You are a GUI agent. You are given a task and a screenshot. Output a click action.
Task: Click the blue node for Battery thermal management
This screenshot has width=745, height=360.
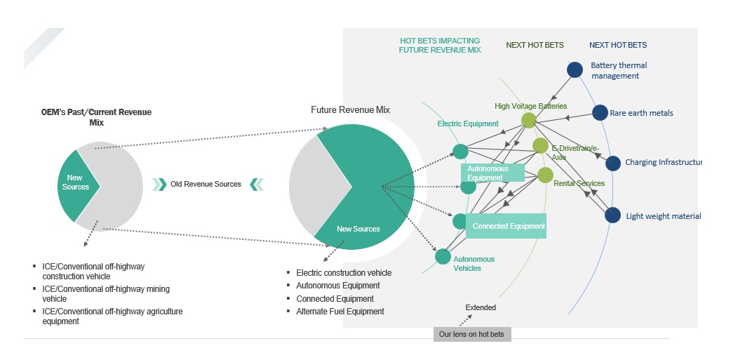[x=575, y=69]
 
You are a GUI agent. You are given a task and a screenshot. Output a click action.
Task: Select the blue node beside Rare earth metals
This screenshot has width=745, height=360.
[x=600, y=112]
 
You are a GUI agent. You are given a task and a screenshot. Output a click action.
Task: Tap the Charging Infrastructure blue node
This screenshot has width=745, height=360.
[x=613, y=163]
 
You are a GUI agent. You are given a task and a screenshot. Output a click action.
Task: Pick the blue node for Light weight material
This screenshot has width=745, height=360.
[x=613, y=215]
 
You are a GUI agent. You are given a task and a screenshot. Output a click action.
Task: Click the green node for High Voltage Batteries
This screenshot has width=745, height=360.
[x=529, y=120]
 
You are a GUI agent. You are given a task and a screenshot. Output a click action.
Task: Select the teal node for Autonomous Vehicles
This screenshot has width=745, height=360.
[x=443, y=257]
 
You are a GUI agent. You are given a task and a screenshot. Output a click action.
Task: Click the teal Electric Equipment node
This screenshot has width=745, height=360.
[x=460, y=151]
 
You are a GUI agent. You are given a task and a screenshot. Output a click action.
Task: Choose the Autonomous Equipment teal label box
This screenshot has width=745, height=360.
[x=493, y=173]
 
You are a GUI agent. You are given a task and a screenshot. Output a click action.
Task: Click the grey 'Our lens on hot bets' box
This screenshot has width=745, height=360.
[x=472, y=334]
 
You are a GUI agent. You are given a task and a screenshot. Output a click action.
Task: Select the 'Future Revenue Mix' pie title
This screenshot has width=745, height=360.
[x=350, y=110]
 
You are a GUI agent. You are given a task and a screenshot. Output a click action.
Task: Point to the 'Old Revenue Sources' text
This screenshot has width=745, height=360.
[x=206, y=185]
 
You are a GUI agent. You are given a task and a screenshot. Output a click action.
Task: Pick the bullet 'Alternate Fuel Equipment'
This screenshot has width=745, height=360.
[x=340, y=311]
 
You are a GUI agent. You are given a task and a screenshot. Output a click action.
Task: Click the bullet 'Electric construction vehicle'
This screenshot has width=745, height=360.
[x=344, y=272]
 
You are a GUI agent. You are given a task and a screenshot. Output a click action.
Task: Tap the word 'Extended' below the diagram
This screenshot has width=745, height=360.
[x=481, y=307]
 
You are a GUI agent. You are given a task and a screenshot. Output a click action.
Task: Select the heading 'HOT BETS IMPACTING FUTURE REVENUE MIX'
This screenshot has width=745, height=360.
[x=440, y=46]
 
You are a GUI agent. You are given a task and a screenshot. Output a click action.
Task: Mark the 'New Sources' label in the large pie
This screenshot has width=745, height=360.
[x=358, y=229]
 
